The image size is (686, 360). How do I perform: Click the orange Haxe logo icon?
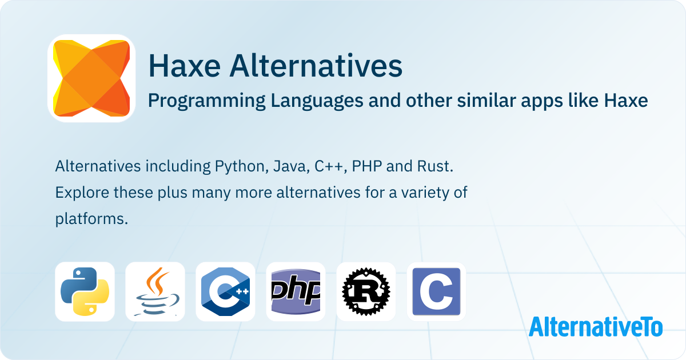(91, 78)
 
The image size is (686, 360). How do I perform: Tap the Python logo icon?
(85, 291)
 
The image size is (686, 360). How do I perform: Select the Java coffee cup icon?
(155, 291)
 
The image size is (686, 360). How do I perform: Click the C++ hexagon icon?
(225, 291)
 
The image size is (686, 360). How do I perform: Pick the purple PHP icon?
(296, 291)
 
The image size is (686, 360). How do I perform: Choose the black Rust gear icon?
(366, 291)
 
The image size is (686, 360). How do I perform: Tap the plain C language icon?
(436, 291)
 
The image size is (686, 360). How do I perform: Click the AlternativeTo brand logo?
(596, 327)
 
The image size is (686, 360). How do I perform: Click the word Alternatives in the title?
(316, 66)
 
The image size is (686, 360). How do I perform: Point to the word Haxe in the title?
(184, 66)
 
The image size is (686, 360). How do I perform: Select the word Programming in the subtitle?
(207, 101)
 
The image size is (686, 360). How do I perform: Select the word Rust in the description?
(435, 166)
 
